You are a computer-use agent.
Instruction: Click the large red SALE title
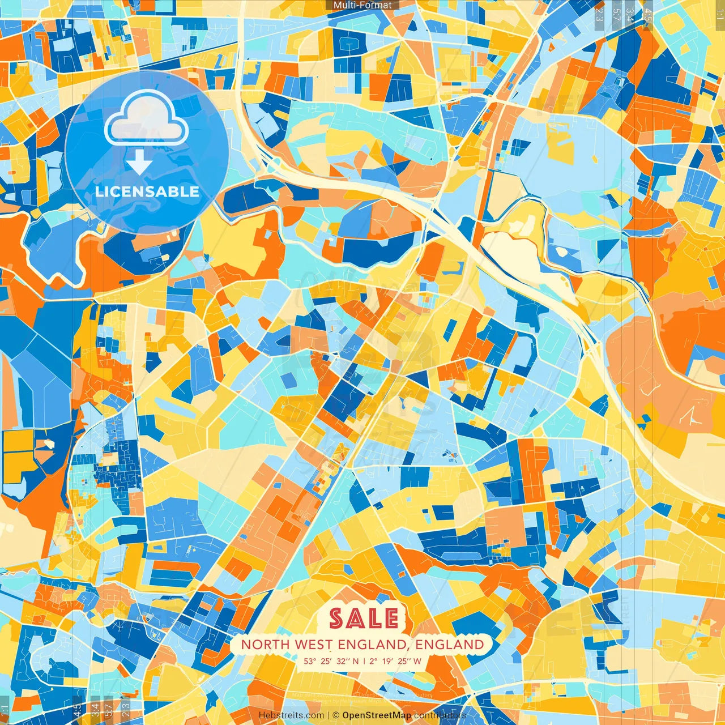(x=364, y=618)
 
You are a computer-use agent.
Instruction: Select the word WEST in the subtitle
(x=314, y=645)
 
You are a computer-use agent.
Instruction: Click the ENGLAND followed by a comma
(x=374, y=645)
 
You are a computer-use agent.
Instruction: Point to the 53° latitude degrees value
(x=310, y=661)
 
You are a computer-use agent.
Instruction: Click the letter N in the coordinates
(x=356, y=661)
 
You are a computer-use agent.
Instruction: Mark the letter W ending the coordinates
(x=417, y=661)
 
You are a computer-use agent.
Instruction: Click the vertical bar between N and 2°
(x=365, y=661)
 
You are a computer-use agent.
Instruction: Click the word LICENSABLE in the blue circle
(x=147, y=191)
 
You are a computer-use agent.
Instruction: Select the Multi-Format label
(x=362, y=5)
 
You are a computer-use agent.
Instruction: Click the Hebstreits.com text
(x=291, y=715)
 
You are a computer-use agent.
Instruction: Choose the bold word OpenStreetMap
(x=377, y=715)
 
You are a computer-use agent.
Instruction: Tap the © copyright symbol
(x=335, y=715)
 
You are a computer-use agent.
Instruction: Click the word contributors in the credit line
(x=440, y=715)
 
